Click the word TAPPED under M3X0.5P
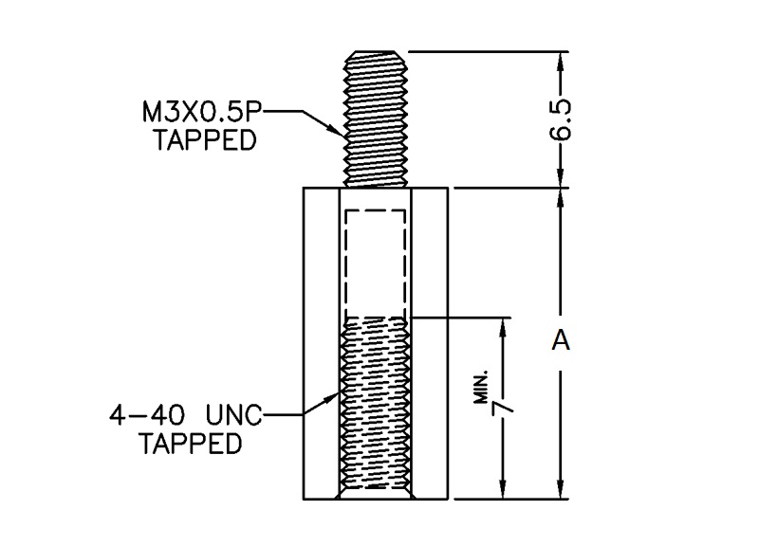(206, 140)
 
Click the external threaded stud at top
(376, 118)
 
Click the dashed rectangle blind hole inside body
(376, 261)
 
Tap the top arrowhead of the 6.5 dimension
(561, 59)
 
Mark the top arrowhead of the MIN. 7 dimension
(503, 325)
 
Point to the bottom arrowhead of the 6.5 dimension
(561, 179)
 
